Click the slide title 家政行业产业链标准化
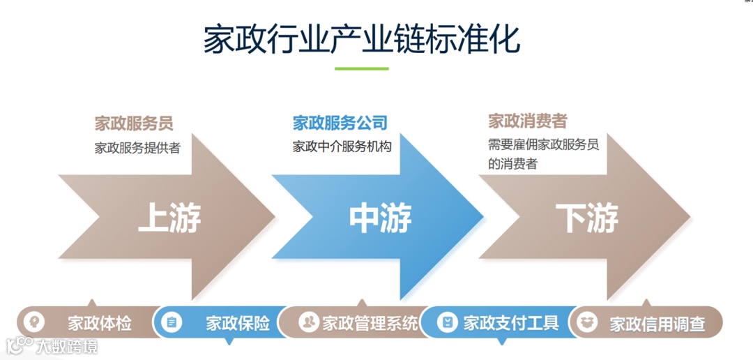361,40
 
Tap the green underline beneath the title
361,69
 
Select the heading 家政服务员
134,123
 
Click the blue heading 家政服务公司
340,123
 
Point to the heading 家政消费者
527,121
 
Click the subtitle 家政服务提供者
137,148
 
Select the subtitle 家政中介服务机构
342,147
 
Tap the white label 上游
169,218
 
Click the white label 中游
380,218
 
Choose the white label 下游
587,218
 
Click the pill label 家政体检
100,324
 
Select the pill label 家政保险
238,324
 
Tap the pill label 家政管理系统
370,323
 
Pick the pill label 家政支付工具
511,323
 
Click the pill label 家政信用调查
657,324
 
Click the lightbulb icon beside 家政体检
33,322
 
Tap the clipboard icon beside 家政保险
172,322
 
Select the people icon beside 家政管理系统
308,322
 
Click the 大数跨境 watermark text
67,346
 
